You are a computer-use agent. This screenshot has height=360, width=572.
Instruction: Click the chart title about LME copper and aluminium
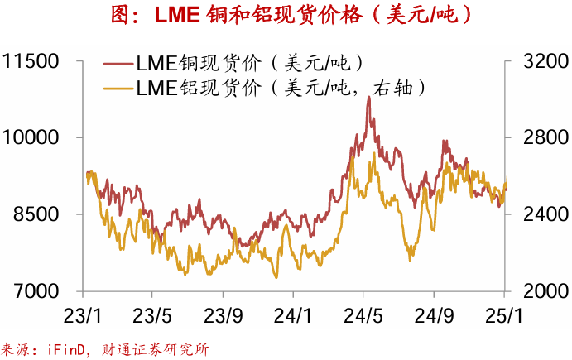pyautogui.click(x=286, y=16)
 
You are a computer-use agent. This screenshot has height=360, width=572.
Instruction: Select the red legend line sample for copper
pyautogui.click(x=118, y=62)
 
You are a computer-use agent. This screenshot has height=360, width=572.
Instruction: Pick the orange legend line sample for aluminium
pyautogui.click(x=118, y=87)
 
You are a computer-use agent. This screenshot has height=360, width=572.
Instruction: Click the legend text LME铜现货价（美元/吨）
pyautogui.click(x=248, y=62)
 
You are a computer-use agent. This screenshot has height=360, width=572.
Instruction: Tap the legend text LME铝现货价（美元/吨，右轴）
pyautogui.click(x=281, y=87)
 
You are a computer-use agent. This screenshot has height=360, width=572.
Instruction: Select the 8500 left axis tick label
pyautogui.click(x=36, y=214)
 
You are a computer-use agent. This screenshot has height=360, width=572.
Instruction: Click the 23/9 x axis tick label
pyautogui.click(x=223, y=316)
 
